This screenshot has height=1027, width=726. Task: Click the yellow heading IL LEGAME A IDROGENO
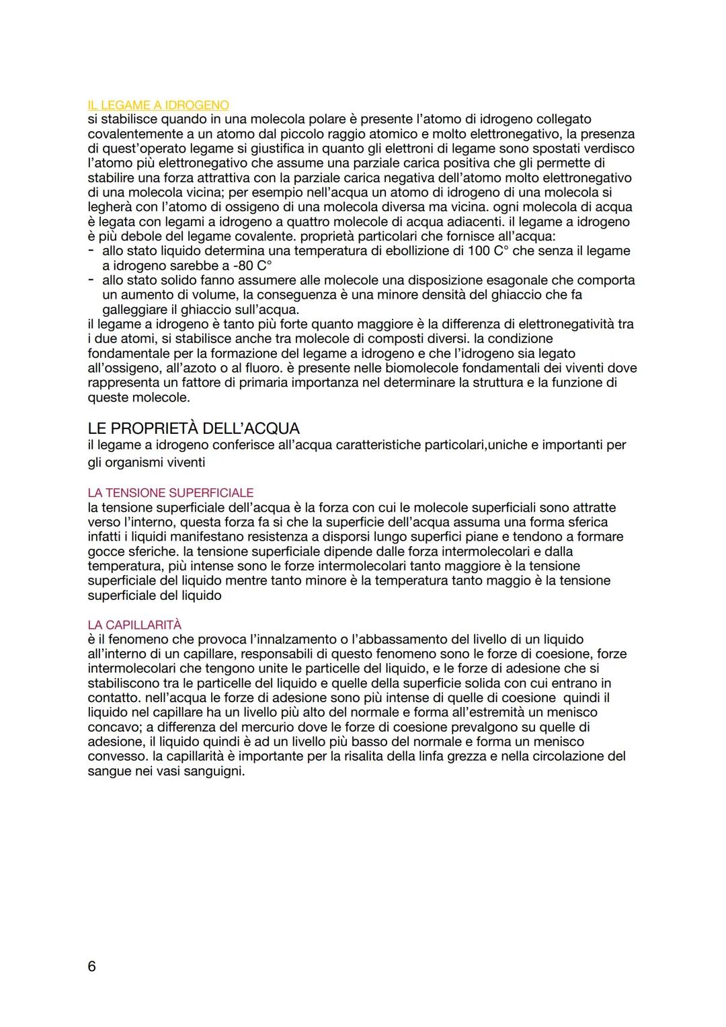[x=158, y=105]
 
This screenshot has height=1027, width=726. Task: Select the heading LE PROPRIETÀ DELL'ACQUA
[x=194, y=428]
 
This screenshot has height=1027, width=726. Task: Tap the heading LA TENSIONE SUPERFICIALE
[x=171, y=493]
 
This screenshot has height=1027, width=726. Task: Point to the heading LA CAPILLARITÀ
[x=134, y=625]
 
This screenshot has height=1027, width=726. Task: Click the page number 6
[x=92, y=966]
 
